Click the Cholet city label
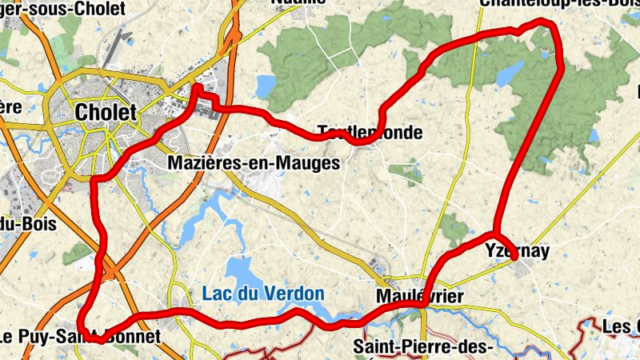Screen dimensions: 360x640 pyautogui.click(x=106, y=113)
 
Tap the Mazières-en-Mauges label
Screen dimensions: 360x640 pyautogui.click(x=254, y=163)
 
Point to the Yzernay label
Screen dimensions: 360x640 pyautogui.click(x=518, y=252)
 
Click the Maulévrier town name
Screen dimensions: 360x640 pyautogui.click(x=419, y=297)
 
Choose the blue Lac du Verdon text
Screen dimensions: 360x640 pyautogui.click(x=262, y=294)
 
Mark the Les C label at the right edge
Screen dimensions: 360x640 pyautogui.click(x=621, y=326)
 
